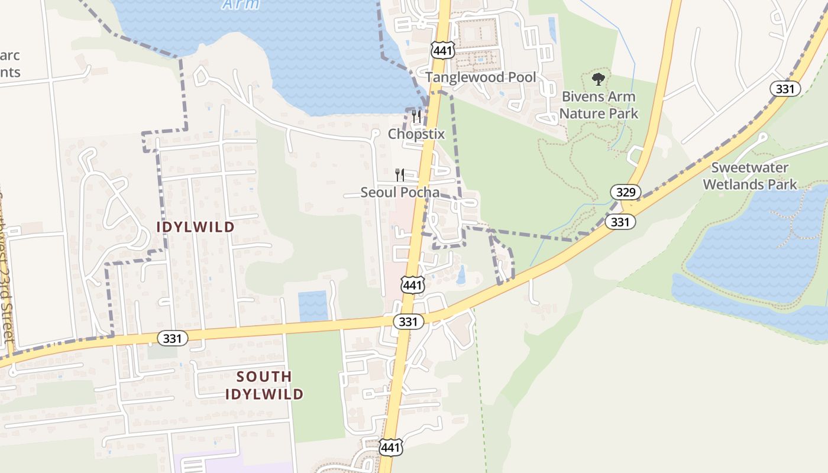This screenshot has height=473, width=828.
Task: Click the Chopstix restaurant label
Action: click(x=416, y=134)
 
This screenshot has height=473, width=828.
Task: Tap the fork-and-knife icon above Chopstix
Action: click(x=416, y=116)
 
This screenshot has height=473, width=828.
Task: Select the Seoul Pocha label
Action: click(x=400, y=192)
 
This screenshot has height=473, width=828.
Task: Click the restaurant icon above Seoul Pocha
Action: click(x=400, y=174)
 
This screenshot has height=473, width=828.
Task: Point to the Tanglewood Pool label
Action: click(x=481, y=77)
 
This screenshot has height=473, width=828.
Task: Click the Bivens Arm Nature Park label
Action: click(x=599, y=105)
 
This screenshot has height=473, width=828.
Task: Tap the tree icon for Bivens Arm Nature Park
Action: click(x=599, y=79)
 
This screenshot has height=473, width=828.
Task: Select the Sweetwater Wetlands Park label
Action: click(x=749, y=176)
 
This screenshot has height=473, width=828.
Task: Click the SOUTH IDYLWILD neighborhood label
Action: click(x=264, y=385)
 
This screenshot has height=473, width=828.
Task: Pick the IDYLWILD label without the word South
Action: click(x=195, y=227)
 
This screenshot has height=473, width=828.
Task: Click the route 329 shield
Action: click(x=626, y=192)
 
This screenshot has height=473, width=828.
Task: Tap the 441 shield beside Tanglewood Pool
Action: click(x=442, y=50)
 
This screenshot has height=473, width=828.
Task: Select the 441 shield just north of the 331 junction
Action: click(x=412, y=285)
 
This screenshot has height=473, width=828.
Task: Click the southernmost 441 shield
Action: click(x=392, y=447)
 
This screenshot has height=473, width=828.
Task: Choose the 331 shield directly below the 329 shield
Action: click(x=620, y=222)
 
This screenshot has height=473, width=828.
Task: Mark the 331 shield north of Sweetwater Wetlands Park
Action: click(x=785, y=89)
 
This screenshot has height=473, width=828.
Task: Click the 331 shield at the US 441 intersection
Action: click(x=408, y=322)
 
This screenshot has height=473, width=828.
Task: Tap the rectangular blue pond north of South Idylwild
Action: click(x=313, y=305)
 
